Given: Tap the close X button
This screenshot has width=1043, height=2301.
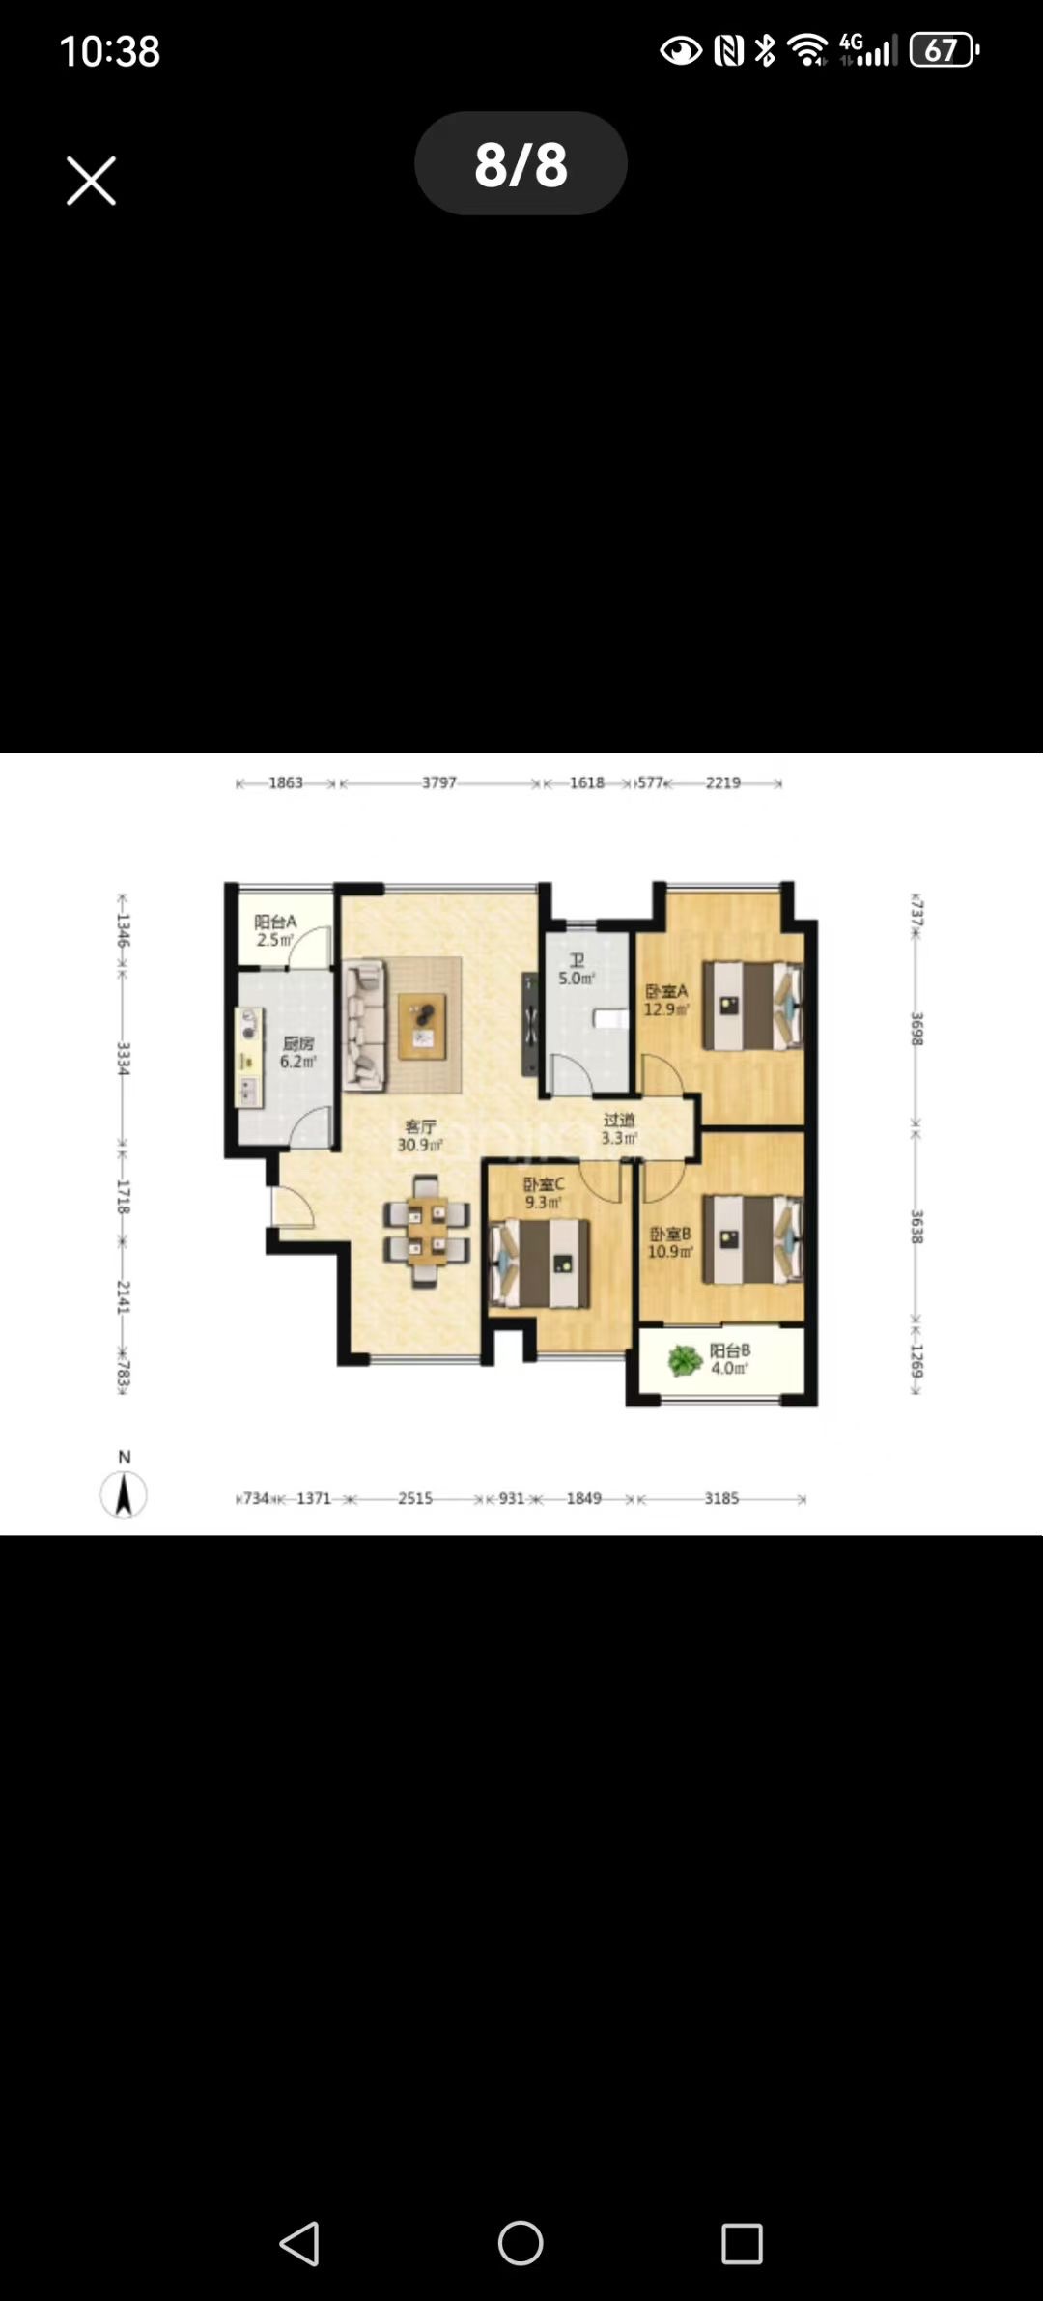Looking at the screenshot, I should [91, 181].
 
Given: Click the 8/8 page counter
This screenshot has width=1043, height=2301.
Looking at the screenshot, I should [521, 163].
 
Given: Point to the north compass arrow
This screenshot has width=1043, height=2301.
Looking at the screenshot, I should [124, 1493].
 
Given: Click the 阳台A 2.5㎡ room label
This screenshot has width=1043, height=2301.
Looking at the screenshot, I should [275, 930].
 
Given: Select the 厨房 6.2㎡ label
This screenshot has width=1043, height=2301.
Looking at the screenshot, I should [297, 1052].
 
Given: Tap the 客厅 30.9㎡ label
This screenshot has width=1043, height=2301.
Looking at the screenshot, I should [420, 1136].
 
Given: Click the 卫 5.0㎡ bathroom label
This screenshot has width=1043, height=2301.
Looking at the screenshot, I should [577, 970].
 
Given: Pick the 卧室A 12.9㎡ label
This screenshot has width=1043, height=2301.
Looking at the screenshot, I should [666, 1000].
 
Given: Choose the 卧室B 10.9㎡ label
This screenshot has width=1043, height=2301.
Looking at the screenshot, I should [669, 1242].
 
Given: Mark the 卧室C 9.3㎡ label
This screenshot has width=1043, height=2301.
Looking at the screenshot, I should [543, 1193].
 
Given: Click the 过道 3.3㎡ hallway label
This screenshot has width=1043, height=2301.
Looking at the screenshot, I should [619, 1128].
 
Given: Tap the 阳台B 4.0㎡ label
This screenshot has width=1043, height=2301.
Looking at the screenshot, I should [729, 1359].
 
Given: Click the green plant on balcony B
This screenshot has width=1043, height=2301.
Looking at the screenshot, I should [685, 1360].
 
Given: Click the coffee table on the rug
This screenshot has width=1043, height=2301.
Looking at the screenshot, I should [423, 1026].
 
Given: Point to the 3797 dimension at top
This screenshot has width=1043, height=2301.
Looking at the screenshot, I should [438, 782].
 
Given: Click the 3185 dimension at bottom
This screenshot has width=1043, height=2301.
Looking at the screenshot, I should [721, 1498].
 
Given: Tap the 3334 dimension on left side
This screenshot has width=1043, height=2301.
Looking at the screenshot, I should [123, 1059].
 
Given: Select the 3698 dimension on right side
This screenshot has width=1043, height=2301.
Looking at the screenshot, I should [917, 1028].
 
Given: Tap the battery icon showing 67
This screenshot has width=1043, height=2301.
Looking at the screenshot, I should [943, 49].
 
